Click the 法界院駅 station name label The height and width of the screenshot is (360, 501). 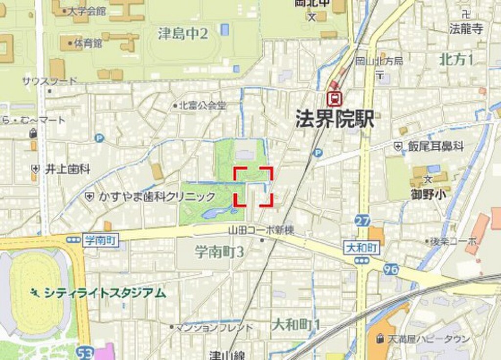point(335,119)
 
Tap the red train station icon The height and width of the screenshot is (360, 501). point(335,99)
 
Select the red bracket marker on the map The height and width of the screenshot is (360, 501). point(253,186)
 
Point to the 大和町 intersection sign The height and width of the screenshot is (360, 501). point(362,248)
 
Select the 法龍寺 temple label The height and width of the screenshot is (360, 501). point(466,29)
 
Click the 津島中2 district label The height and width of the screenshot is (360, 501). point(183,33)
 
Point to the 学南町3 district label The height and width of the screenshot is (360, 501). point(220,252)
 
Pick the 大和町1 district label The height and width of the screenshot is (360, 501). point(296,324)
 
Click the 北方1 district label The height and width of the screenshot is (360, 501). point(456,60)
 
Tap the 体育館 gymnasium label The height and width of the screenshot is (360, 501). point(88,44)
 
